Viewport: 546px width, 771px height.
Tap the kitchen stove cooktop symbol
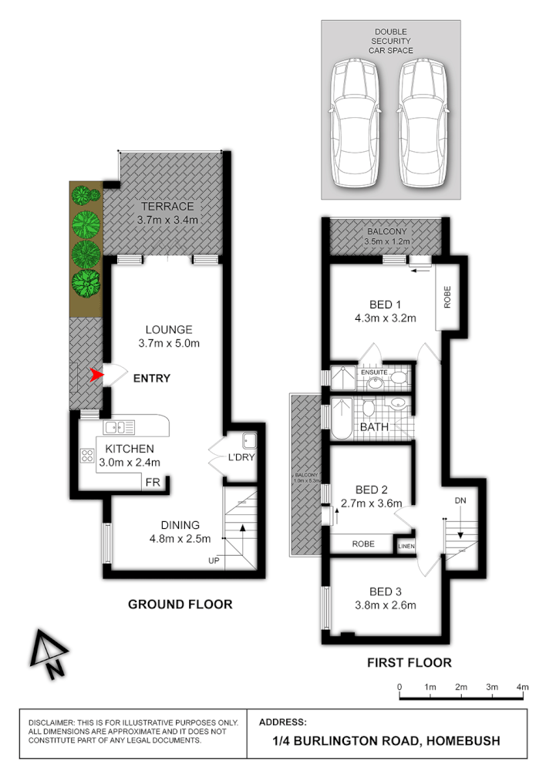[x=87, y=455]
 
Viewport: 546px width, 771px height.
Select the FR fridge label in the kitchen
[x=153, y=483]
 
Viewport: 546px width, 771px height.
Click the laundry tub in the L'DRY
[x=249, y=442]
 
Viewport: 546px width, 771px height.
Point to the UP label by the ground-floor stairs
[x=214, y=561]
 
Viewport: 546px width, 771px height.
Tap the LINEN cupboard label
[x=406, y=547]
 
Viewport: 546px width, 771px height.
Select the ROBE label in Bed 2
[x=363, y=544]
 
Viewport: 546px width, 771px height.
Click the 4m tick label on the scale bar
[x=522, y=686]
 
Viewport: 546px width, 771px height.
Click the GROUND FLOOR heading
[x=180, y=604]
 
